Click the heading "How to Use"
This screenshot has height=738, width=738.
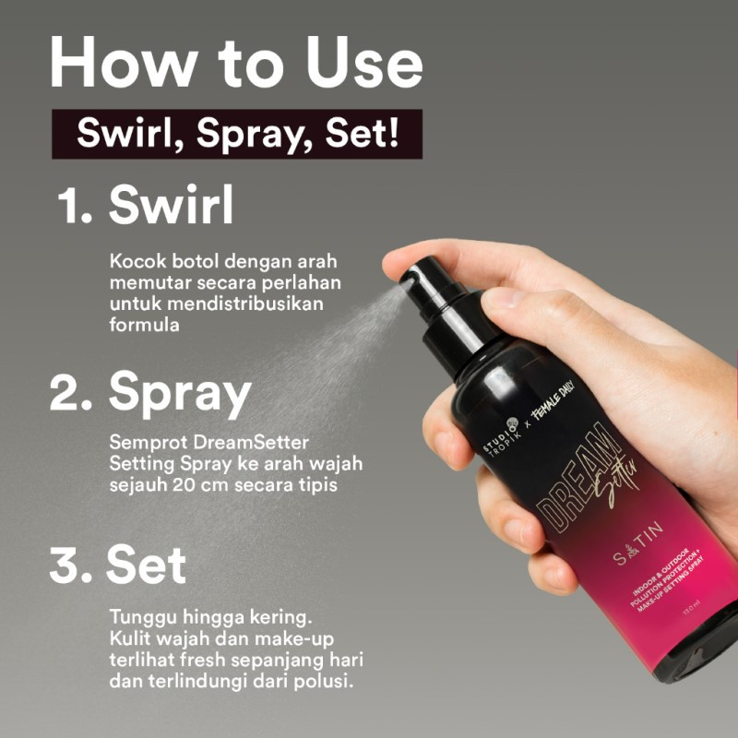(x=236, y=64)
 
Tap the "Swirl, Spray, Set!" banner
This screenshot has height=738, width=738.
(x=237, y=134)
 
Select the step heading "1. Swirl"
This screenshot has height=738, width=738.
(x=146, y=207)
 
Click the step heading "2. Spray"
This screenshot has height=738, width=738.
(x=150, y=393)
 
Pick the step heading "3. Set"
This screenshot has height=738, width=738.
(x=118, y=565)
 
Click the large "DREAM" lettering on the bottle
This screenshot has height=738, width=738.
(x=563, y=490)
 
